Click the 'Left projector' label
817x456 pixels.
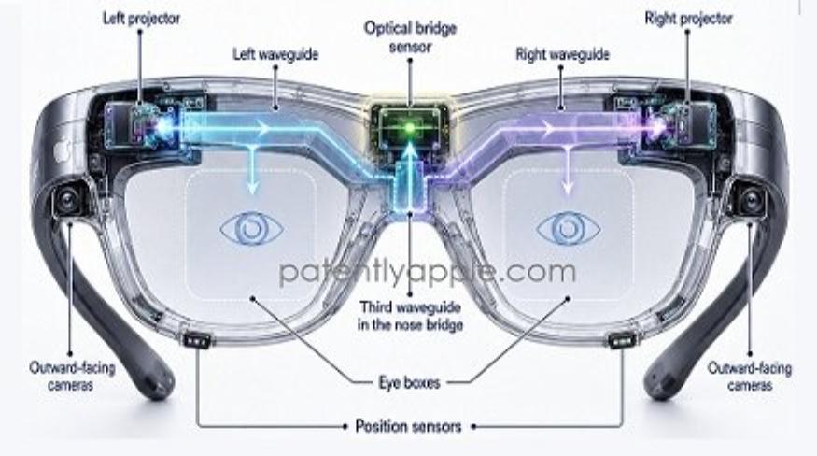point(141,19)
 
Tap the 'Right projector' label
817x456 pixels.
point(688,19)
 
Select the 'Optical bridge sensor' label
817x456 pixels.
point(410,37)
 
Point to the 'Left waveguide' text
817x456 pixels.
point(275,54)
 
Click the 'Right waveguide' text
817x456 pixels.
point(562,54)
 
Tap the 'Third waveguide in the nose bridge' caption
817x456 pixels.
point(410,316)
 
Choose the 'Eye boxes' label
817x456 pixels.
point(410,382)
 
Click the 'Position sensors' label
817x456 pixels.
point(409,426)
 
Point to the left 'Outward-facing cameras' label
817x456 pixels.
point(72,377)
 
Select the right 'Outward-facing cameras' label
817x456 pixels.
point(749,377)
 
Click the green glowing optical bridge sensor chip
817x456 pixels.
point(410,126)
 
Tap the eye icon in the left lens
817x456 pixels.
point(252,229)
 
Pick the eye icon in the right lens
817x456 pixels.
point(568,229)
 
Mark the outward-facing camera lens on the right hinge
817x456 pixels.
point(751,199)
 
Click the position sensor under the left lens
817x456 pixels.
point(197,340)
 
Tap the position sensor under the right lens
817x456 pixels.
point(622,340)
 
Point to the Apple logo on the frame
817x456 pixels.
point(62,151)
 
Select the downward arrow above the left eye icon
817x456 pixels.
point(253,169)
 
